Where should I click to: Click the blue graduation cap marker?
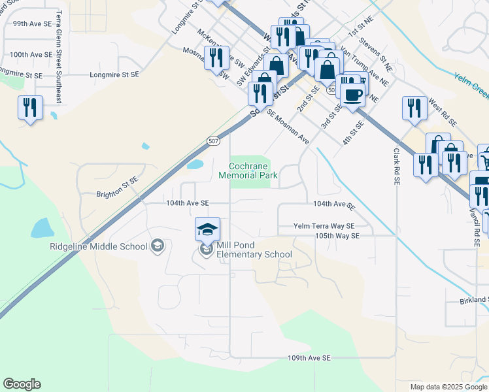207,230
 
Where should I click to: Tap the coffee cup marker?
352,95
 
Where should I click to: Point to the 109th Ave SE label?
309,358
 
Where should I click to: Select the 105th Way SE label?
337,235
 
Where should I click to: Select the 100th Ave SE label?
31,55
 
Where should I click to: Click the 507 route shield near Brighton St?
213,140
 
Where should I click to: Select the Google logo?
22,384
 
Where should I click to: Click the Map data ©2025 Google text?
448,387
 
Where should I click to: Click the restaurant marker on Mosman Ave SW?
215,58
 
